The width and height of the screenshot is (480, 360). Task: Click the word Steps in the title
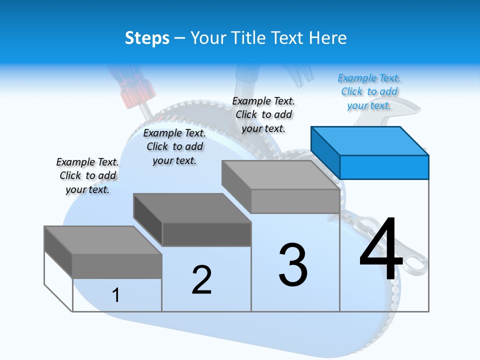coord(147,38)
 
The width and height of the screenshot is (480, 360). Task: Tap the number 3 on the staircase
coord(293,265)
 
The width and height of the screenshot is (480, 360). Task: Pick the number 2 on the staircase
coord(201,279)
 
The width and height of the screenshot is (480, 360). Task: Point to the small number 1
coord(116,295)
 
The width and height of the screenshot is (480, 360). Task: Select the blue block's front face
coord(384,167)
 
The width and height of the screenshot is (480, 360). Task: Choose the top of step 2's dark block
coord(192,208)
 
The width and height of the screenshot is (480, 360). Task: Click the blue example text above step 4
coord(369,91)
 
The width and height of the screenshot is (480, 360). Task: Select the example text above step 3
coord(263,114)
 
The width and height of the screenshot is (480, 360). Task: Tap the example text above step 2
coord(174,146)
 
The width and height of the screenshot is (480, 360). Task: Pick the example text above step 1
coord(87,175)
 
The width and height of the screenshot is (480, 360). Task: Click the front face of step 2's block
coord(206,234)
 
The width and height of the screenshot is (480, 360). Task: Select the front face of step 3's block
coord(295,201)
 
